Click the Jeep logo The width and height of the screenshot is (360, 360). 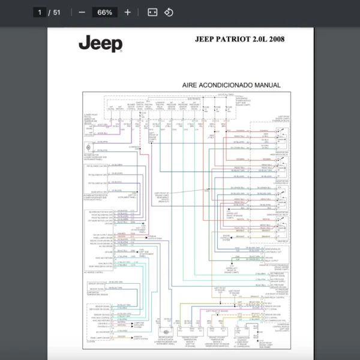click(x=100, y=44)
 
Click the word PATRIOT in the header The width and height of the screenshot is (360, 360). click(x=235, y=40)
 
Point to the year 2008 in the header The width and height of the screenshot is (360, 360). click(x=277, y=40)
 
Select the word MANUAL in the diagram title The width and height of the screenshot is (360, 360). click(x=267, y=85)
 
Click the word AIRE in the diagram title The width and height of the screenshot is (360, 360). click(x=192, y=85)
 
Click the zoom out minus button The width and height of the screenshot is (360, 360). click(x=82, y=12)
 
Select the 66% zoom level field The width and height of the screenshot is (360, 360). click(x=104, y=12)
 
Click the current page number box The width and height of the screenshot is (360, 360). click(x=41, y=12)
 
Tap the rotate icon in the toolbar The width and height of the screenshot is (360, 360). click(x=169, y=12)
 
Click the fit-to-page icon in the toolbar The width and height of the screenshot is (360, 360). click(x=152, y=12)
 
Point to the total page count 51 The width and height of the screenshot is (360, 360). click(x=57, y=12)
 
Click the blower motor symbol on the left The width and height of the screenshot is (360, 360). click(x=89, y=148)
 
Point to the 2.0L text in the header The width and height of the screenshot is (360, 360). click(x=259, y=40)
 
